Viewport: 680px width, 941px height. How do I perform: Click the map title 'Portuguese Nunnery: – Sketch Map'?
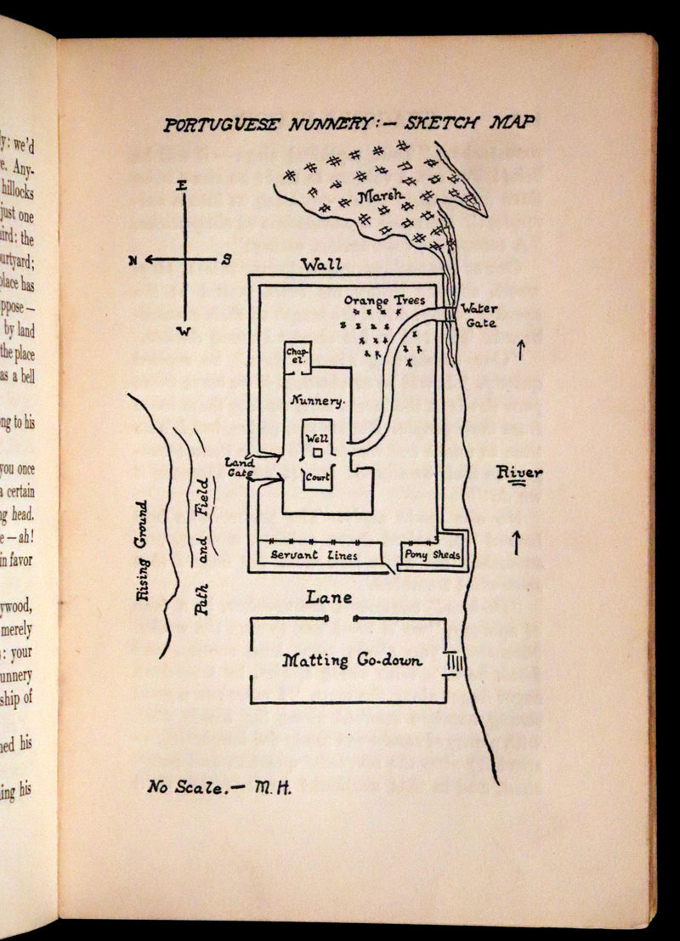(x=349, y=124)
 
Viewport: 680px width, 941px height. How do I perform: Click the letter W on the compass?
(x=181, y=331)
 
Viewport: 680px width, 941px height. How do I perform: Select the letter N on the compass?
(x=133, y=261)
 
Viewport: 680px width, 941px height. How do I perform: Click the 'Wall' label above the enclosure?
(x=321, y=265)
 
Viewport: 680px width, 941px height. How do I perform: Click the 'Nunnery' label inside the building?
(x=316, y=400)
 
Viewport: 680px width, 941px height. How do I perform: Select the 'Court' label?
(x=317, y=478)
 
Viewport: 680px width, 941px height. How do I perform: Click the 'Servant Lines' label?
(x=314, y=555)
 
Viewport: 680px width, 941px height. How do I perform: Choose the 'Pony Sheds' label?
(x=432, y=556)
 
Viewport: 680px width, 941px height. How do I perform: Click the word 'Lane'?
(x=328, y=598)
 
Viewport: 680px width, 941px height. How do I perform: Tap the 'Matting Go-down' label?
(x=352, y=660)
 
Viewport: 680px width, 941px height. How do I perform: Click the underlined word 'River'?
(x=519, y=473)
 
